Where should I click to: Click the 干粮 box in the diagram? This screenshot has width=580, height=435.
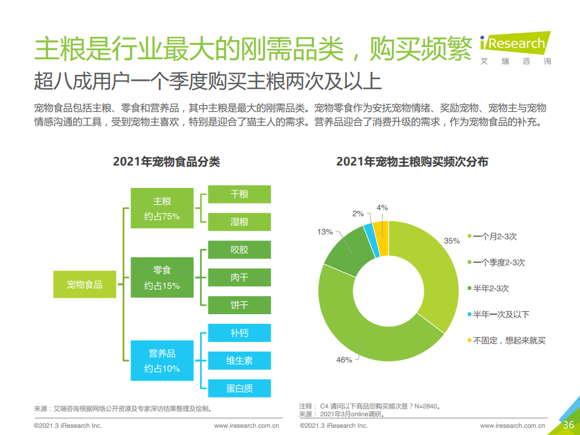tap(239, 194)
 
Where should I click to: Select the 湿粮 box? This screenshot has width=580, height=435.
tap(239, 222)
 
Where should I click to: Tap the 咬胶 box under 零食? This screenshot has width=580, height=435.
tap(239, 250)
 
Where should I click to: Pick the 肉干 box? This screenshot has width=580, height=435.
tap(239, 277)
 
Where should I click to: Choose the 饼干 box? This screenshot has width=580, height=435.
tap(239, 305)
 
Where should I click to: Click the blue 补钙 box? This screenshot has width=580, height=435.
tap(239, 333)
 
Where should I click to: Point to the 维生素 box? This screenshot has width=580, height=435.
tap(239, 361)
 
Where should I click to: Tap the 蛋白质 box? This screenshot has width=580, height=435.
tap(239, 388)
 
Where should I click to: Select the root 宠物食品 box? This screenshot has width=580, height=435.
tap(85, 285)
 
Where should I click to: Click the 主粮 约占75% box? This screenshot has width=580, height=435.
tap(162, 208)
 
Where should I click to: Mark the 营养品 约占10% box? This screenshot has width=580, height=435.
tap(162, 361)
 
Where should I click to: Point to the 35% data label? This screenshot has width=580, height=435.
tap(452, 240)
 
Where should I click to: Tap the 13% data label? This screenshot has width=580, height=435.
tap(325, 231)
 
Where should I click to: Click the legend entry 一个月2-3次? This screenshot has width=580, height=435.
tap(495, 237)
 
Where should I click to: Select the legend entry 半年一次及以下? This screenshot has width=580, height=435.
tap(501, 314)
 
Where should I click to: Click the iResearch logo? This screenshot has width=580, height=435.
tap(515, 46)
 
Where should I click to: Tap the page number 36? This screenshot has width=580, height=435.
tap(568, 425)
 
